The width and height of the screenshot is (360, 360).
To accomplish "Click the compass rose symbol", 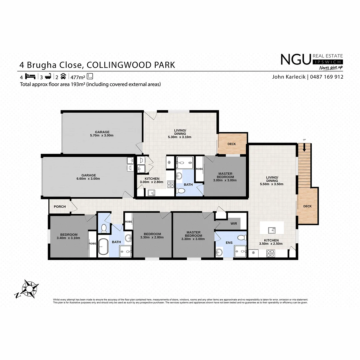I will tap(30, 288).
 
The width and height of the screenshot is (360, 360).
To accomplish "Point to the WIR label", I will tap(234, 224).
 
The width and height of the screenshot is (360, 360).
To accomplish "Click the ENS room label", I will tap(229, 243).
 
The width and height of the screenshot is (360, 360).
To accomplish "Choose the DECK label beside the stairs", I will tap(307, 206).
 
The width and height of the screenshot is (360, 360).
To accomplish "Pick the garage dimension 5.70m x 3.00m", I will tap(102, 136).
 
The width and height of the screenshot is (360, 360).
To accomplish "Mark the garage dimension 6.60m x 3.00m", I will tap(89, 179).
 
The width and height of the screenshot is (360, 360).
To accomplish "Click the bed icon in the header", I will tap(30, 76).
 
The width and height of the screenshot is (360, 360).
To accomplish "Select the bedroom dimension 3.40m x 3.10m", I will tap(69, 238).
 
